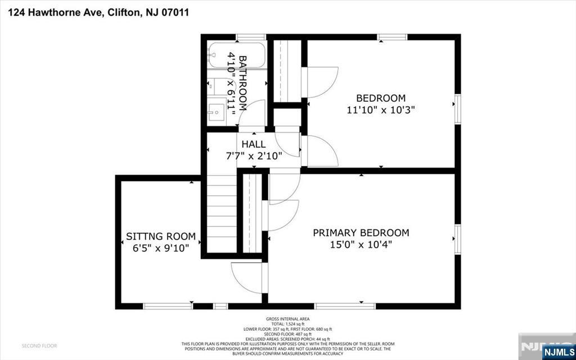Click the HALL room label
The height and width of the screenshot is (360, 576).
[253, 144]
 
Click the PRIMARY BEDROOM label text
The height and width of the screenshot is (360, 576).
[361, 233]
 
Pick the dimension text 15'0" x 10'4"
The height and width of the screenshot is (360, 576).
[361, 244]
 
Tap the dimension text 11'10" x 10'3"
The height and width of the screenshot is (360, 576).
[380, 110]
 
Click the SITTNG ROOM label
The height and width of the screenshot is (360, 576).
[160, 236]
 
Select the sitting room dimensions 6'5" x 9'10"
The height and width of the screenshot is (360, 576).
[160, 247]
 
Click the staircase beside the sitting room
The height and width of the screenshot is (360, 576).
[222, 214]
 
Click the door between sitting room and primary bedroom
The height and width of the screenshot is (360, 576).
[247, 276]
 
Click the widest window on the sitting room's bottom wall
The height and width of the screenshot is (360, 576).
[168, 306]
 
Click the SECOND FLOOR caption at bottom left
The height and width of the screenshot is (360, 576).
[39, 345]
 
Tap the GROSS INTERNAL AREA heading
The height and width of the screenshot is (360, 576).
[288, 319]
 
